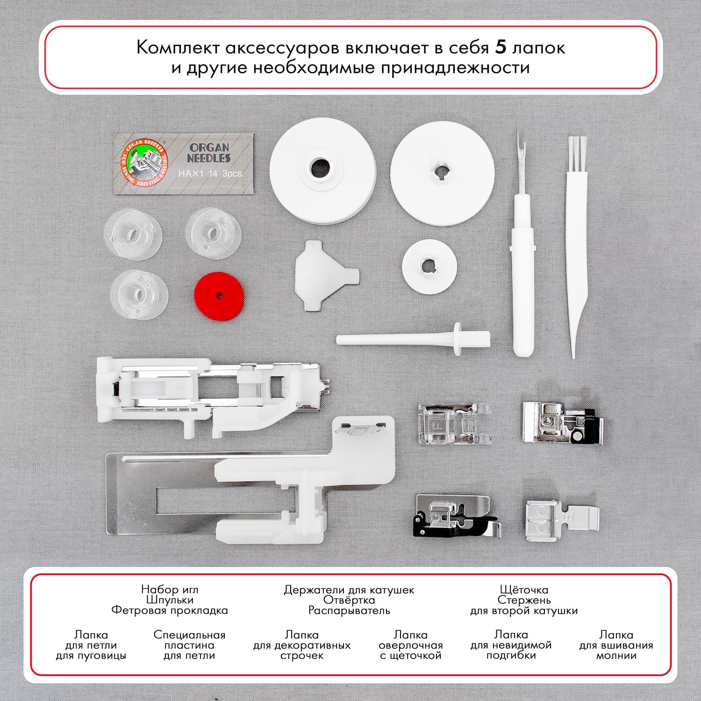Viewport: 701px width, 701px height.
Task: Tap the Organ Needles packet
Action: (184, 163)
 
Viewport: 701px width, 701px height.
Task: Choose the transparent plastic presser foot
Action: (454, 423)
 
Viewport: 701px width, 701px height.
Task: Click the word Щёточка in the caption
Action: (524, 590)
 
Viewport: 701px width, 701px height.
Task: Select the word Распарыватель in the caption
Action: (349, 610)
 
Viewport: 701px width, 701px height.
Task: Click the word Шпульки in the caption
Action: (170, 600)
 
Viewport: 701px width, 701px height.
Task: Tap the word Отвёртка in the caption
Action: (349, 600)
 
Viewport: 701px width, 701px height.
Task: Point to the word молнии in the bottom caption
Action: (616, 656)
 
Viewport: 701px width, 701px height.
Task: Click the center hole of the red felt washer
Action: (220, 296)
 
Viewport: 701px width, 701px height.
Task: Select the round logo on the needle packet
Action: (144, 163)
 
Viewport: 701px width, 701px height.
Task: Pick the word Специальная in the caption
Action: (189, 635)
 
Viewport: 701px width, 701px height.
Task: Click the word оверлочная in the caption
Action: (410, 645)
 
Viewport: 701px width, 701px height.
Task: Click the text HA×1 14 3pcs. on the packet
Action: (211, 173)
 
